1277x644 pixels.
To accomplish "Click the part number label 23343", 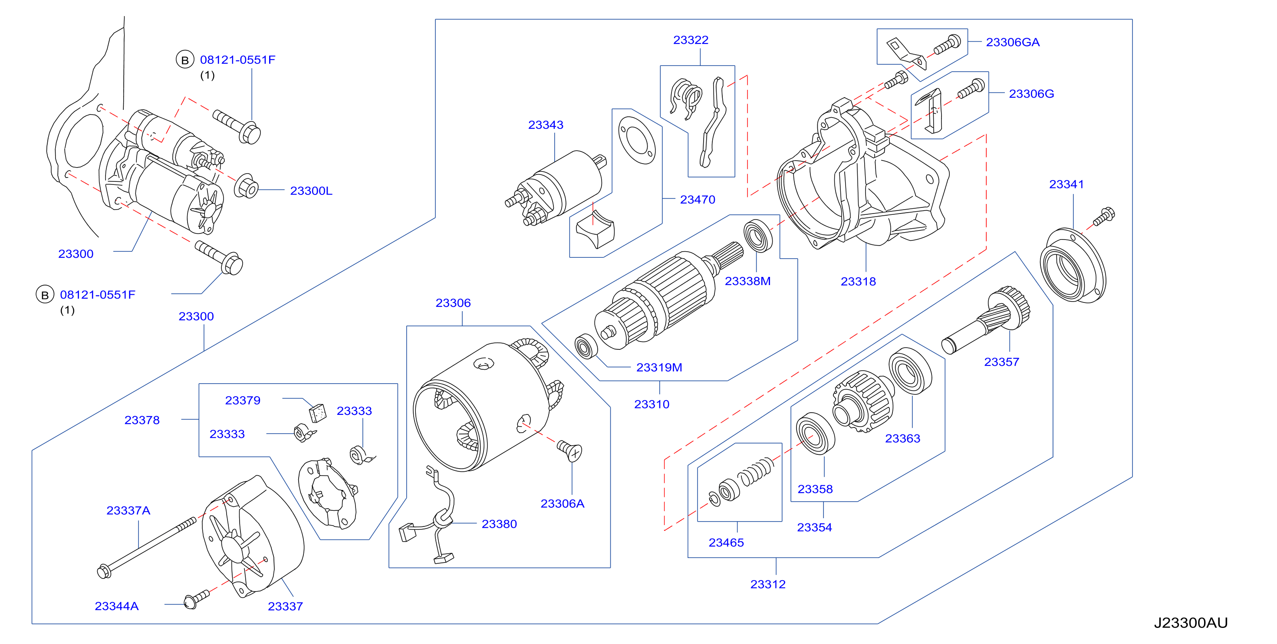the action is click(x=545, y=125).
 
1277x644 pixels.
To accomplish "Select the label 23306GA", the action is click(x=1012, y=42).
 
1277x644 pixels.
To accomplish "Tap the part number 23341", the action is click(x=1066, y=184).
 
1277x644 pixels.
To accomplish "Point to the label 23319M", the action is click(x=659, y=368).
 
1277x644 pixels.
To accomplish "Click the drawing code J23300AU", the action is click(x=1190, y=623).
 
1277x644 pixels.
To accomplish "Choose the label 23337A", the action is click(x=128, y=511).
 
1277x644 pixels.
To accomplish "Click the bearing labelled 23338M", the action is click(x=758, y=235).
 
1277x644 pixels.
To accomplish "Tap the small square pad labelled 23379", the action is click(x=317, y=412).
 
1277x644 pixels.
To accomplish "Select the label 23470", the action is click(x=698, y=200).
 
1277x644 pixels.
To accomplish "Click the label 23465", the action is click(x=726, y=543).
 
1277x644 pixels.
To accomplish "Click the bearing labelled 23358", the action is click(x=815, y=433).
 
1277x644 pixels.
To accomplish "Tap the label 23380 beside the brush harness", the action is click(x=499, y=524).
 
